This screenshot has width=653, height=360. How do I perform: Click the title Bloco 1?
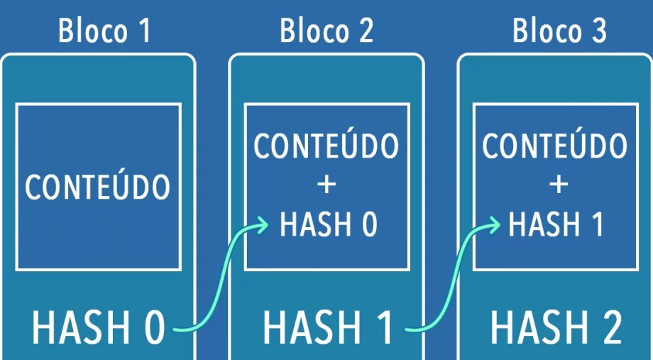[x=104, y=31]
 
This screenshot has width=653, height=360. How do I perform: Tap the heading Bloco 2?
[x=326, y=31]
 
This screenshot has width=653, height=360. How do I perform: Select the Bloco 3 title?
[x=559, y=31]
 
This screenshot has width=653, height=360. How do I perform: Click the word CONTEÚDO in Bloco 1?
[x=98, y=187]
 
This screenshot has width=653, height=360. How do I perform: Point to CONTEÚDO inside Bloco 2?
[x=326, y=146]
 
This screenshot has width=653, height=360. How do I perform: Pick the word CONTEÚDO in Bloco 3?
[x=555, y=146]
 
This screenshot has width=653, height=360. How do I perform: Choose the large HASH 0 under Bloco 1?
[x=98, y=328]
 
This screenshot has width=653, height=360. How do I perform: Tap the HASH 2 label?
[x=556, y=328]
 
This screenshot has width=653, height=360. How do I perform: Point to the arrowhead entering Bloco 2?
[x=263, y=226]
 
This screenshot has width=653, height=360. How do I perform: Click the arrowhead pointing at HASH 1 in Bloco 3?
[x=493, y=226]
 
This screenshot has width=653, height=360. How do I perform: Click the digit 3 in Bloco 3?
[x=598, y=31]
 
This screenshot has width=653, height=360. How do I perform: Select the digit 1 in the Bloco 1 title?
[x=144, y=31]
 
